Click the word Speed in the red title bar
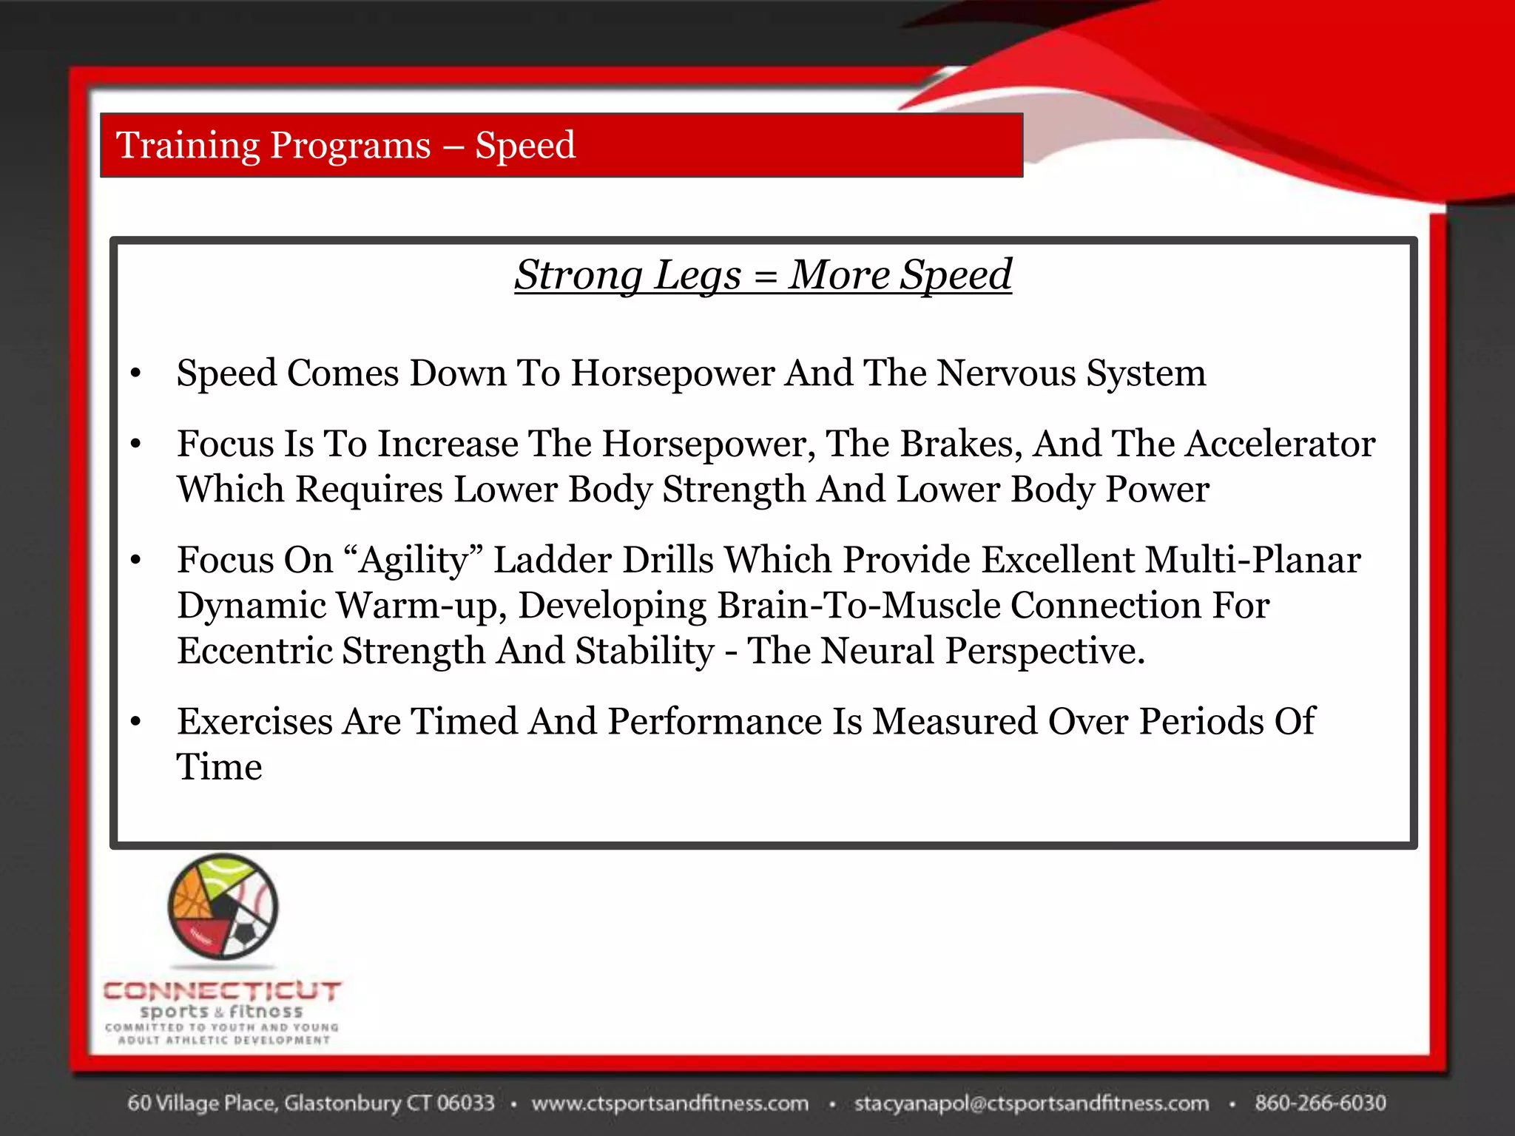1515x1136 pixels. (524, 146)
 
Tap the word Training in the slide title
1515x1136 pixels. (186, 146)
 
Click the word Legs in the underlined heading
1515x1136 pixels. (698, 276)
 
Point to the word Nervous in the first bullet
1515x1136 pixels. (1006, 373)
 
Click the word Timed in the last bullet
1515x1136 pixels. (464, 721)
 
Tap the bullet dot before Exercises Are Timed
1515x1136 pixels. (135, 722)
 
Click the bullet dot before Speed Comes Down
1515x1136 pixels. (135, 373)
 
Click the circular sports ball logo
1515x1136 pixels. (223, 906)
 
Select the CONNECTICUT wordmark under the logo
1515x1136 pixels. (222, 991)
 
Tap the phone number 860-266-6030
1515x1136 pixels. (1320, 1103)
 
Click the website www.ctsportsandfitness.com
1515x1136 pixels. (669, 1103)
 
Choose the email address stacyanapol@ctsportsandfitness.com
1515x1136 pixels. (1031, 1103)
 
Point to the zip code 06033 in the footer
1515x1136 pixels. (465, 1103)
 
